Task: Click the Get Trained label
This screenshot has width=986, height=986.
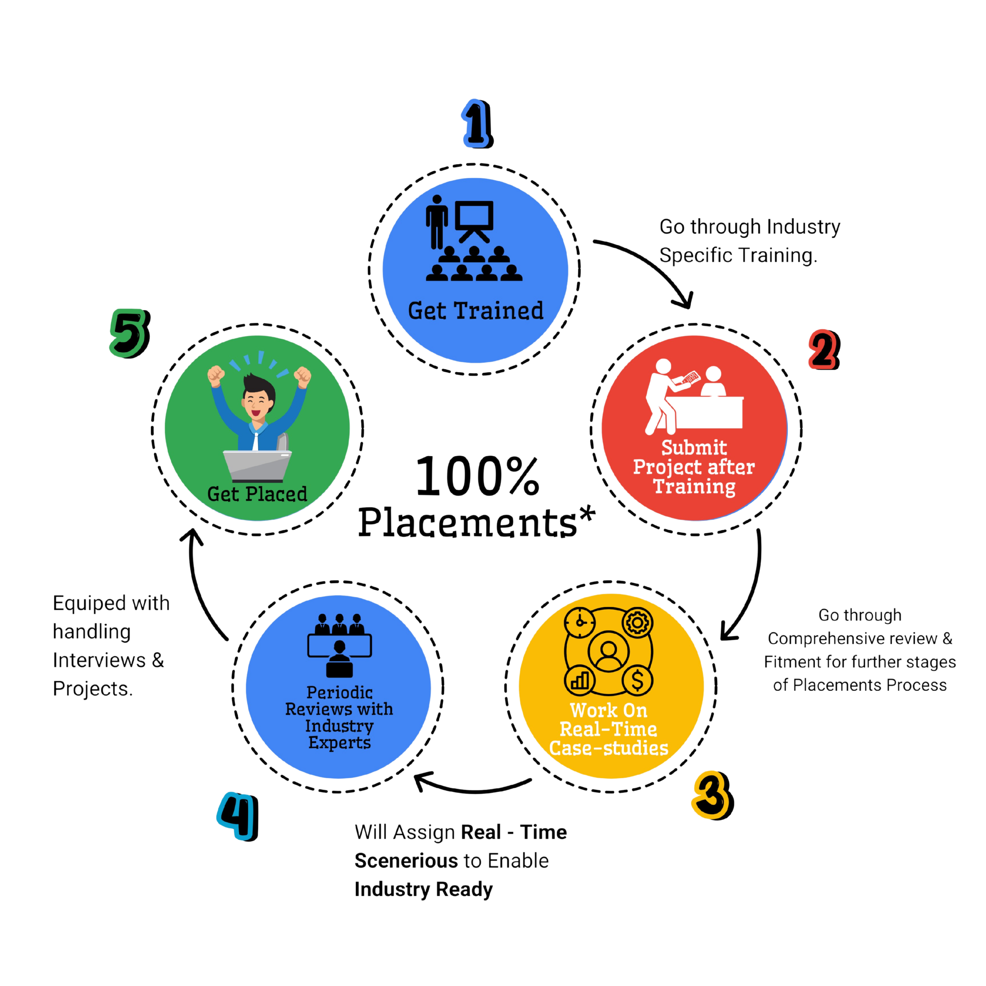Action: pos(475,311)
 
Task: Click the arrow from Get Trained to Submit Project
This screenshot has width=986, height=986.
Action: pos(653,265)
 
